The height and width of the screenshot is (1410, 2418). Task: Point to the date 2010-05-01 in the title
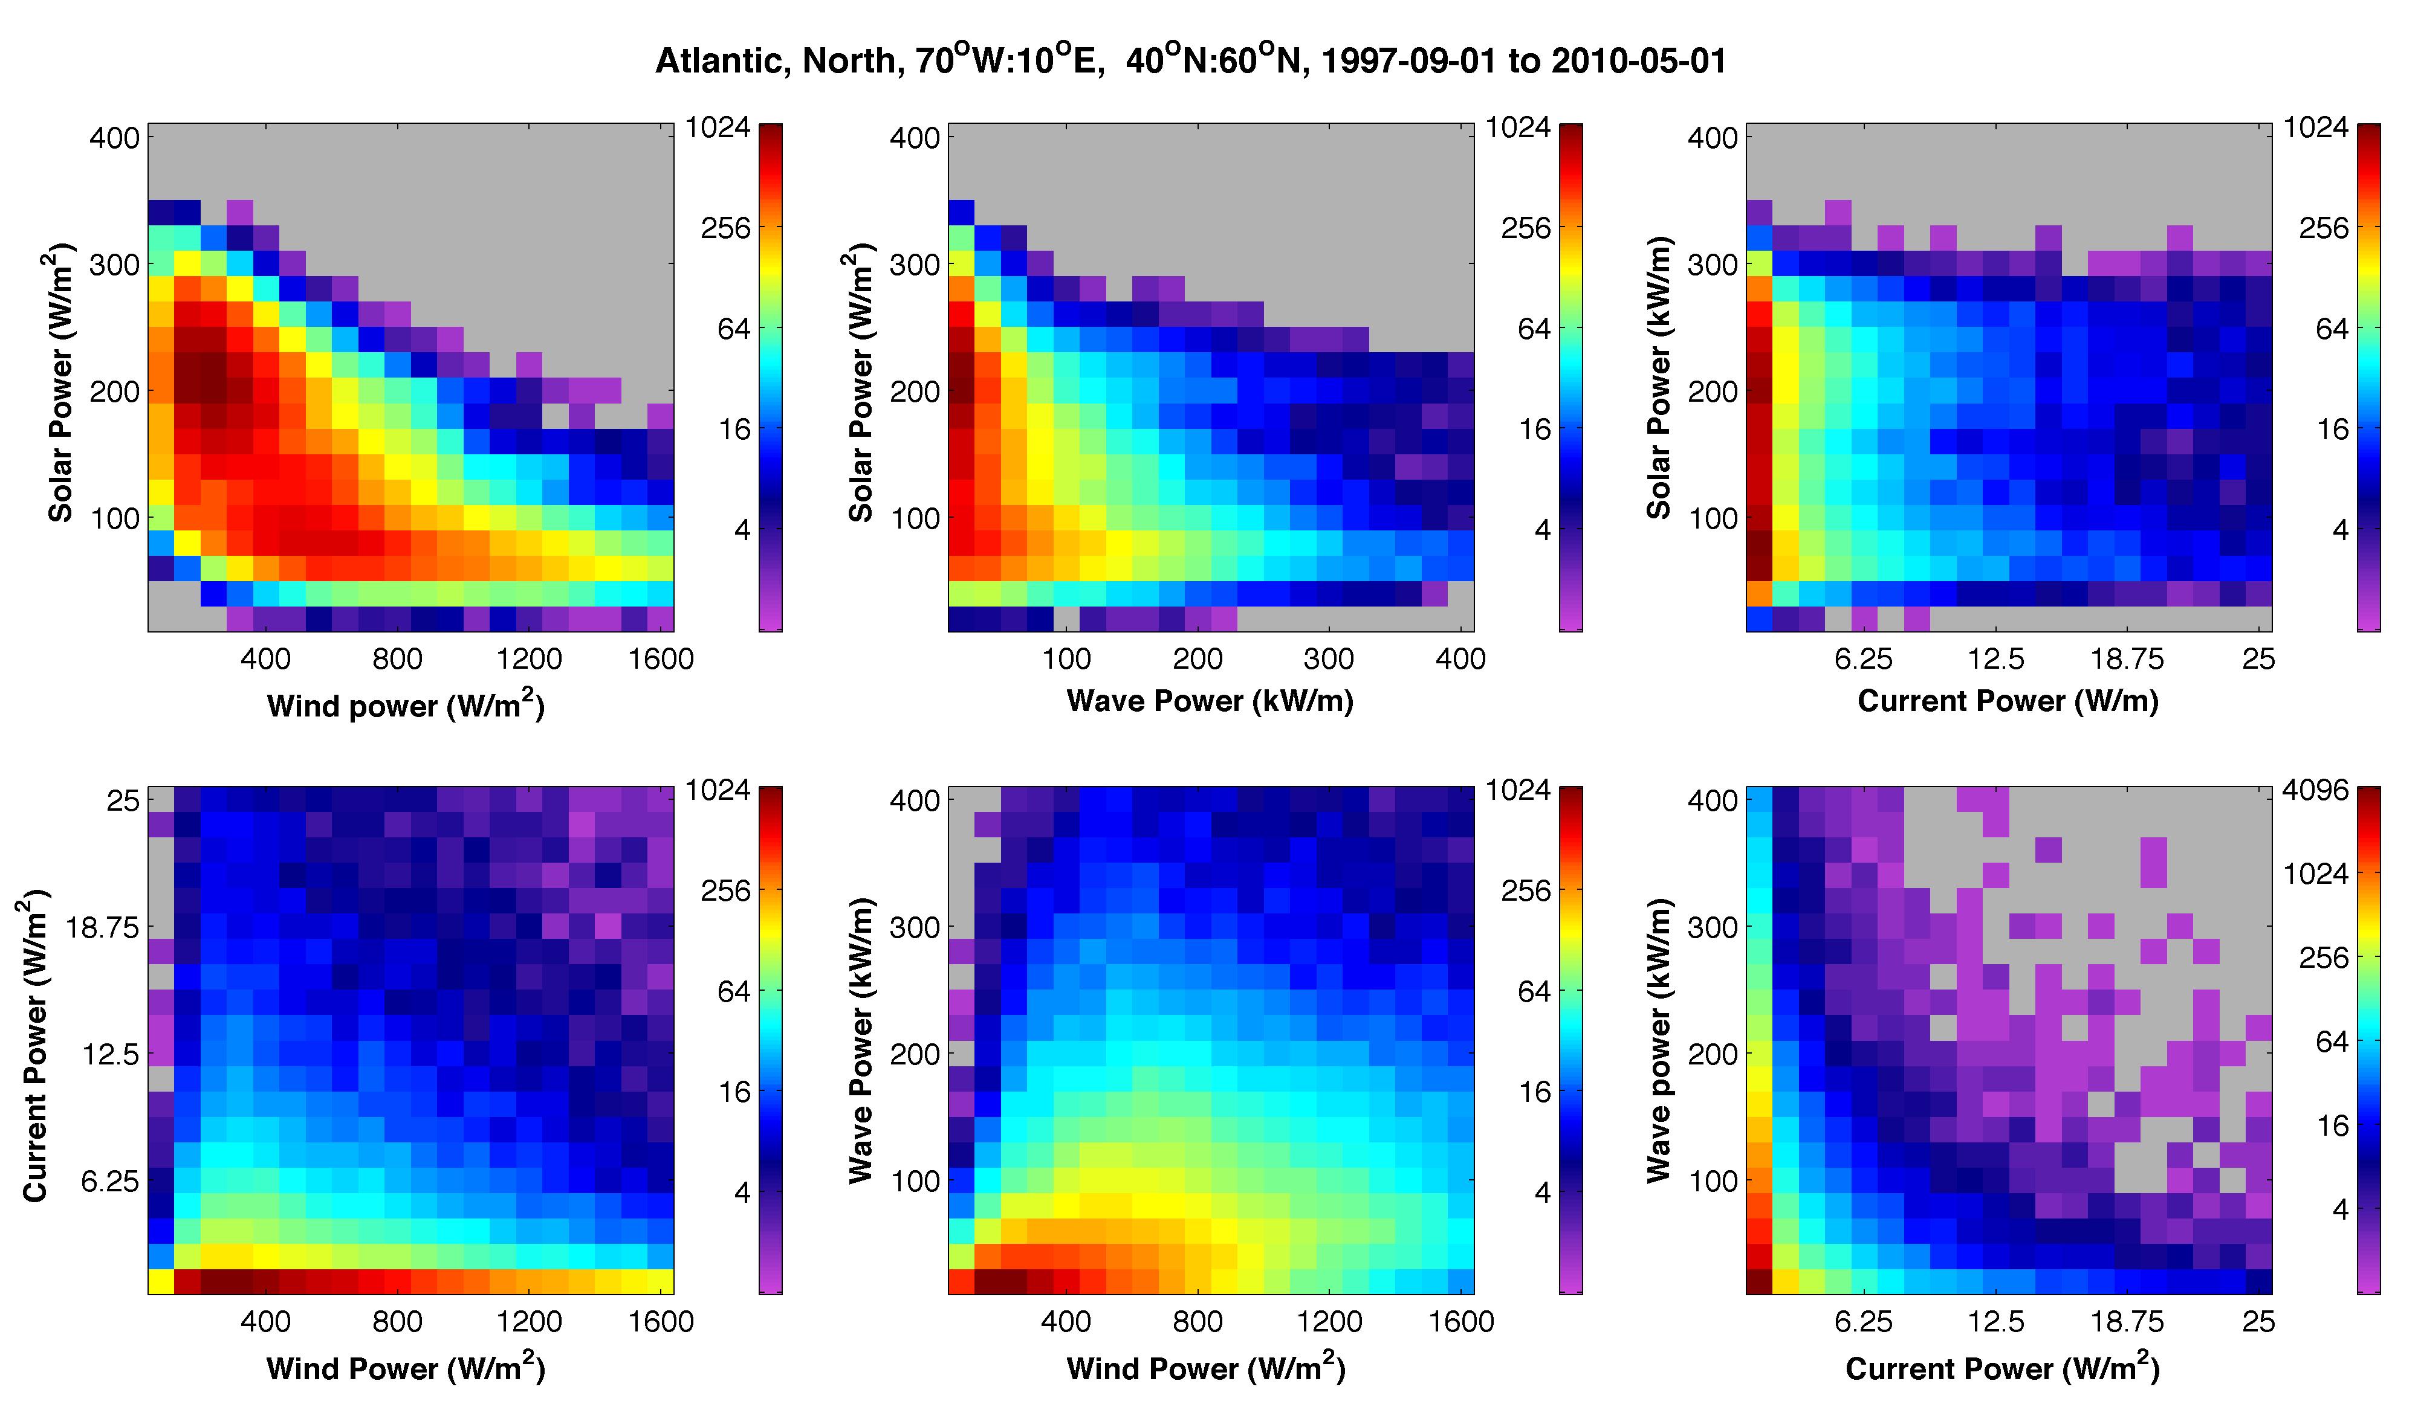(1638, 62)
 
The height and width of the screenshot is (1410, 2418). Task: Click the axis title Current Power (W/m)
(2008, 701)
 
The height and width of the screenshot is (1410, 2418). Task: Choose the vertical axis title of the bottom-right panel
(1659, 1041)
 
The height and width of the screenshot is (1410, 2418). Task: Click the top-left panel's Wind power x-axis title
(405, 705)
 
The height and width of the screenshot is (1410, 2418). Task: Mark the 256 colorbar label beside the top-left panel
(725, 228)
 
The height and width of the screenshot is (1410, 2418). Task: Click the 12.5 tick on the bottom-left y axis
(111, 1055)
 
